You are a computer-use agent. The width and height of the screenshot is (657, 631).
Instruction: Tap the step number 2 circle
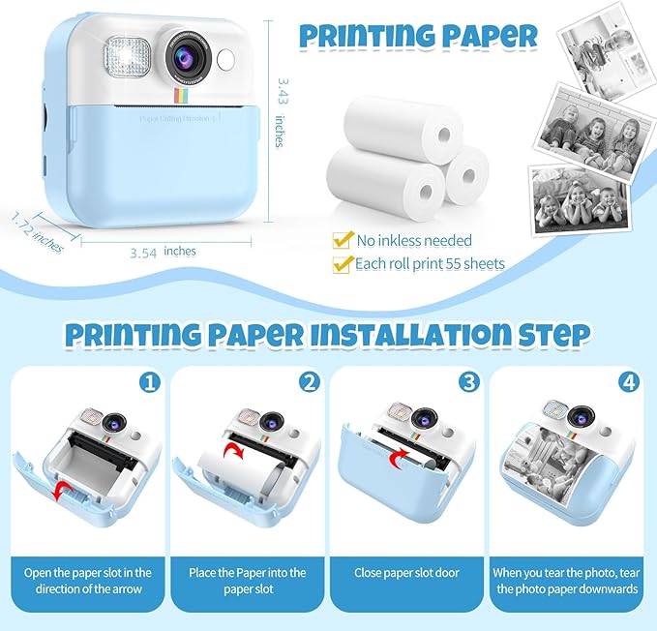309,382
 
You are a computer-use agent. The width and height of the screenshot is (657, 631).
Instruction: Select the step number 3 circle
469,382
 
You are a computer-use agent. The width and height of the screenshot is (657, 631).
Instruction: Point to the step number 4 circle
629,382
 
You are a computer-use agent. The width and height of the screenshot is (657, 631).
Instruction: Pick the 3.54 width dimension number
144,253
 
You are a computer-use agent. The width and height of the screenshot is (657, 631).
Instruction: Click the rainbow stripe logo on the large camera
180,97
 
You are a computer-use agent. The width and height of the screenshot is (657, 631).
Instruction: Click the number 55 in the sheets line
454,263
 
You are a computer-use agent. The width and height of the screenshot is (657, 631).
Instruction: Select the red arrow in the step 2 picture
231,452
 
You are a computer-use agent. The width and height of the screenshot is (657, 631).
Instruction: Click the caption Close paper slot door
408,573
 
